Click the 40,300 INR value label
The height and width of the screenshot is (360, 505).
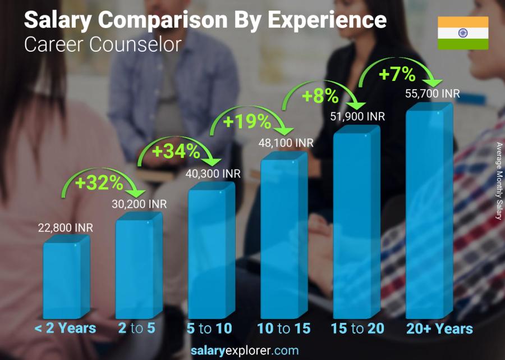[x=213, y=174]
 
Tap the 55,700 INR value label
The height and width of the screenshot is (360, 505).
[x=432, y=94]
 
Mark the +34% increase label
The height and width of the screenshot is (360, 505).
[x=176, y=151]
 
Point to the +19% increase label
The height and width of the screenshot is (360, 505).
[x=247, y=121]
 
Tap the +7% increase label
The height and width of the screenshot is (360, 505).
[x=397, y=74]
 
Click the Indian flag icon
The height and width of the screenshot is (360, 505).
[x=463, y=33]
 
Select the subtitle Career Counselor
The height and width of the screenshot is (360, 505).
[x=103, y=44]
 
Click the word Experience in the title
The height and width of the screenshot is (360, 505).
[x=326, y=21]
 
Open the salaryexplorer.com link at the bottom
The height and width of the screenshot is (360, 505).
[x=245, y=350]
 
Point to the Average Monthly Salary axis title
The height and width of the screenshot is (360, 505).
[x=498, y=181]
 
